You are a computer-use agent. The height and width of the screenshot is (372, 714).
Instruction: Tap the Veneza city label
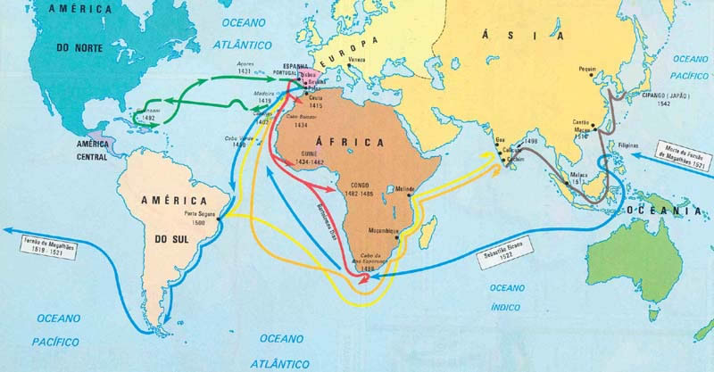357,59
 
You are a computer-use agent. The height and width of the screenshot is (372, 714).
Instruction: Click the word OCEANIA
674,211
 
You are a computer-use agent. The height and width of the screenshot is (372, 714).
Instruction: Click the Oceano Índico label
505,293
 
